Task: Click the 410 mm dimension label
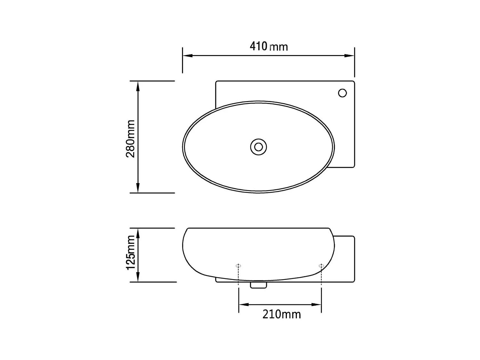(268, 46)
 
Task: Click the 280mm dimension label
(130, 139)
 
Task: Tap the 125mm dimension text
(130, 253)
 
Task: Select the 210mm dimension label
(282, 314)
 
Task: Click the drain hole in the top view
(259, 147)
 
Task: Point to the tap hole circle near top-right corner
(342, 93)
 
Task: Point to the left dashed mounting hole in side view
(238, 266)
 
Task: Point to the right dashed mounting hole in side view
(321, 266)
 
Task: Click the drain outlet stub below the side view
(259, 285)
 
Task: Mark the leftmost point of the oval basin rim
(183, 147)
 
